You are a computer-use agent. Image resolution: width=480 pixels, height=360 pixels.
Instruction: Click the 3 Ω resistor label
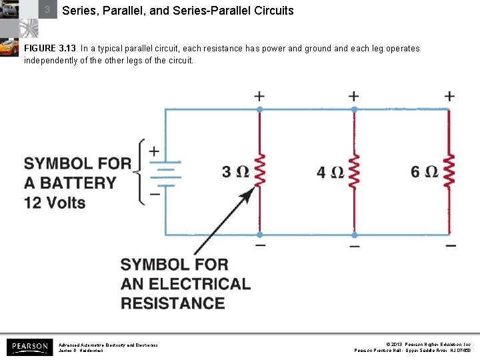235,172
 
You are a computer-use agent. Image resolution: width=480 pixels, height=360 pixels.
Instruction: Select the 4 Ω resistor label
330,172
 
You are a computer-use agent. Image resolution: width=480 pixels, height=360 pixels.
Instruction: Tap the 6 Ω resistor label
425,172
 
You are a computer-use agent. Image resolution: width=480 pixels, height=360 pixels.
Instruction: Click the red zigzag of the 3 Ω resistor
259,172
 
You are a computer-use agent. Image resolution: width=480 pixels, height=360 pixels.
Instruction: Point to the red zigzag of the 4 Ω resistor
354,172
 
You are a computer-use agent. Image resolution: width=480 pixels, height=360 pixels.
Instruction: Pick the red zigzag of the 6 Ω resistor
450,172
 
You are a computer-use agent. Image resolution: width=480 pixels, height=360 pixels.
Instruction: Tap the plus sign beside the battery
154,151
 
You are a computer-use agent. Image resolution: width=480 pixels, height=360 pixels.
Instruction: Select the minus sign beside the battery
154,194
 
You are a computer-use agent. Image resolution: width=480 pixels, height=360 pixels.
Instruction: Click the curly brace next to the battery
139,172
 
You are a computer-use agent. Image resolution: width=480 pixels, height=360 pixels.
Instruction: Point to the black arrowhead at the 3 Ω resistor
247,194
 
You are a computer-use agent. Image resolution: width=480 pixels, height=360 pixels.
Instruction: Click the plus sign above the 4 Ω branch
354,96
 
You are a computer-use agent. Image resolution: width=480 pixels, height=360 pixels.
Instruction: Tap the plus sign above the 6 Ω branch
450,96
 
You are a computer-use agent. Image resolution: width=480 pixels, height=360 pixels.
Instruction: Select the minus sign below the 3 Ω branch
259,245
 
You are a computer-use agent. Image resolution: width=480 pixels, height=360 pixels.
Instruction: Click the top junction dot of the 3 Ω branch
259,108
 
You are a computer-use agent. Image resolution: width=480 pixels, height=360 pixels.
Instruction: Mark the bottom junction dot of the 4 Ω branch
354,235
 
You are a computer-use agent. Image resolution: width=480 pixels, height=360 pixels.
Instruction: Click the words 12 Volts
55,201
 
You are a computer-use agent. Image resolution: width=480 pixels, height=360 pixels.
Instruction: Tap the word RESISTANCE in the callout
173,303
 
